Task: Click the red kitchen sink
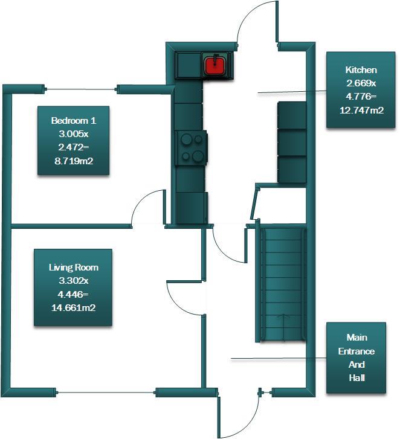click(216, 65)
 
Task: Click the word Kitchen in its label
click(361, 70)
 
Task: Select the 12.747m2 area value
click(361, 110)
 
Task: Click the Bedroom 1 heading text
click(74, 121)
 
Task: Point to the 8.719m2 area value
click(74, 161)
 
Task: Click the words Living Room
click(73, 268)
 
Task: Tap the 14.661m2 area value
click(73, 307)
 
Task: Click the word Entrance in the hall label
click(356, 351)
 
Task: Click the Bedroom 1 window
click(81, 89)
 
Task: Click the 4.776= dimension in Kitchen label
click(361, 97)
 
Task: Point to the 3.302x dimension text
click(73, 281)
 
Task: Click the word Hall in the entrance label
click(356, 378)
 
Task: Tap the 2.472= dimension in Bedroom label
click(74, 147)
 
